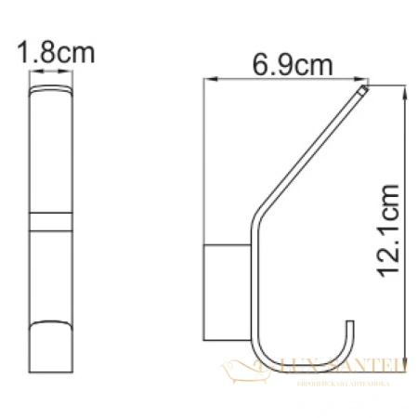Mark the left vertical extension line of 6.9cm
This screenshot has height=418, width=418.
coord(204,167)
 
